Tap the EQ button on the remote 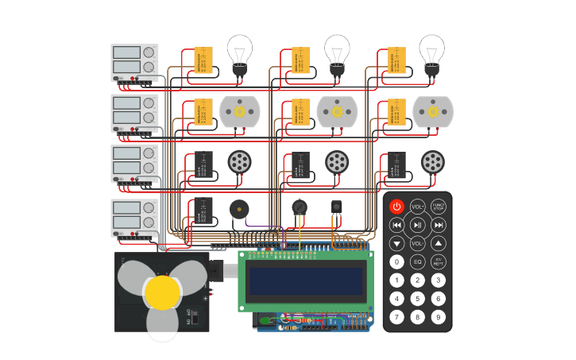(417, 261)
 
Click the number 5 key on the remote (417, 299)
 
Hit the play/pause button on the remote (417, 225)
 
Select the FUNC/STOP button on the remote (438, 207)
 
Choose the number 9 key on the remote (438, 317)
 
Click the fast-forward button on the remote (438, 225)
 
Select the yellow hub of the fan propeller (162, 292)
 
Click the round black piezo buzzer (238, 210)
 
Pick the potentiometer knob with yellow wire (299, 207)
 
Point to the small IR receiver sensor (336, 207)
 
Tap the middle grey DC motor (336, 112)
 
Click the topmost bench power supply (134, 63)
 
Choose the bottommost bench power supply (134, 218)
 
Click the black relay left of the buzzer (203, 211)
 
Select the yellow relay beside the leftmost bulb (203, 60)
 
